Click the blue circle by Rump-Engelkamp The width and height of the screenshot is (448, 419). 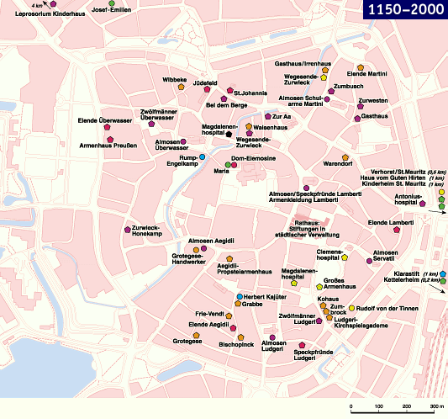click(203, 156)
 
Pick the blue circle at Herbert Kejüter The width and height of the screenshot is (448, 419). click(239, 297)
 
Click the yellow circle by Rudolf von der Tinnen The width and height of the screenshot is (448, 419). click(352, 308)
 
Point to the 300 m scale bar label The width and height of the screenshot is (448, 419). click(435, 407)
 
